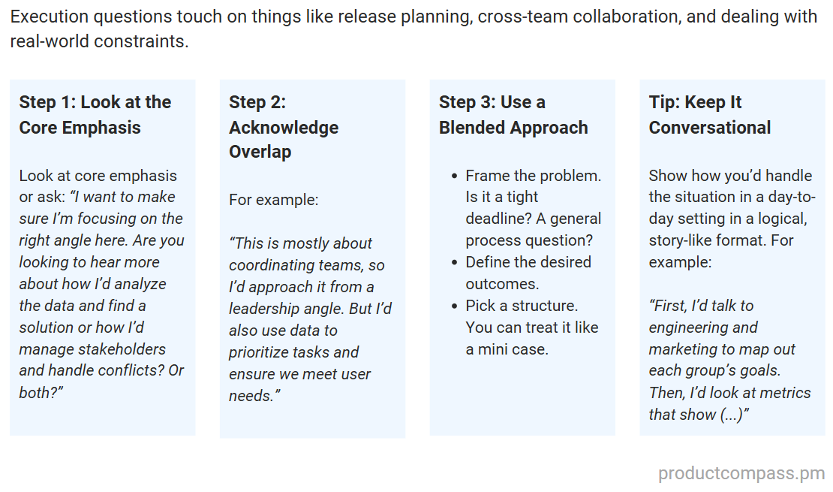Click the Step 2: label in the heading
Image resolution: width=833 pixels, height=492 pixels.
[x=257, y=102]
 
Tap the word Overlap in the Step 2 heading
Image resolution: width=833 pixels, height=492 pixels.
[x=260, y=151]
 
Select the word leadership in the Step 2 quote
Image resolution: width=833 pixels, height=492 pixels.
[x=266, y=309]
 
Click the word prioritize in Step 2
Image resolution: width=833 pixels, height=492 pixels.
[x=266, y=352]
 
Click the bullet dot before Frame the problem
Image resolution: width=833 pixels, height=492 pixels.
[x=454, y=177]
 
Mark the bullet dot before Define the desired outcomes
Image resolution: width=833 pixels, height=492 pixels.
[x=454, y=263]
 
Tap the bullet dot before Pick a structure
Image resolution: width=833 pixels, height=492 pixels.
[x=454, y=306]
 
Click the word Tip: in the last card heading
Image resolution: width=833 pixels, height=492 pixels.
[x=665, y=102]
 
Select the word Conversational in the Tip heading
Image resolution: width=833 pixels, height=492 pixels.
[x=710, y=127]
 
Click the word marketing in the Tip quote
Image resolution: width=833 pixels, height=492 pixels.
[x=684, y=349]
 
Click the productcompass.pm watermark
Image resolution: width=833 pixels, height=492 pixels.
[x=741, y=474]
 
